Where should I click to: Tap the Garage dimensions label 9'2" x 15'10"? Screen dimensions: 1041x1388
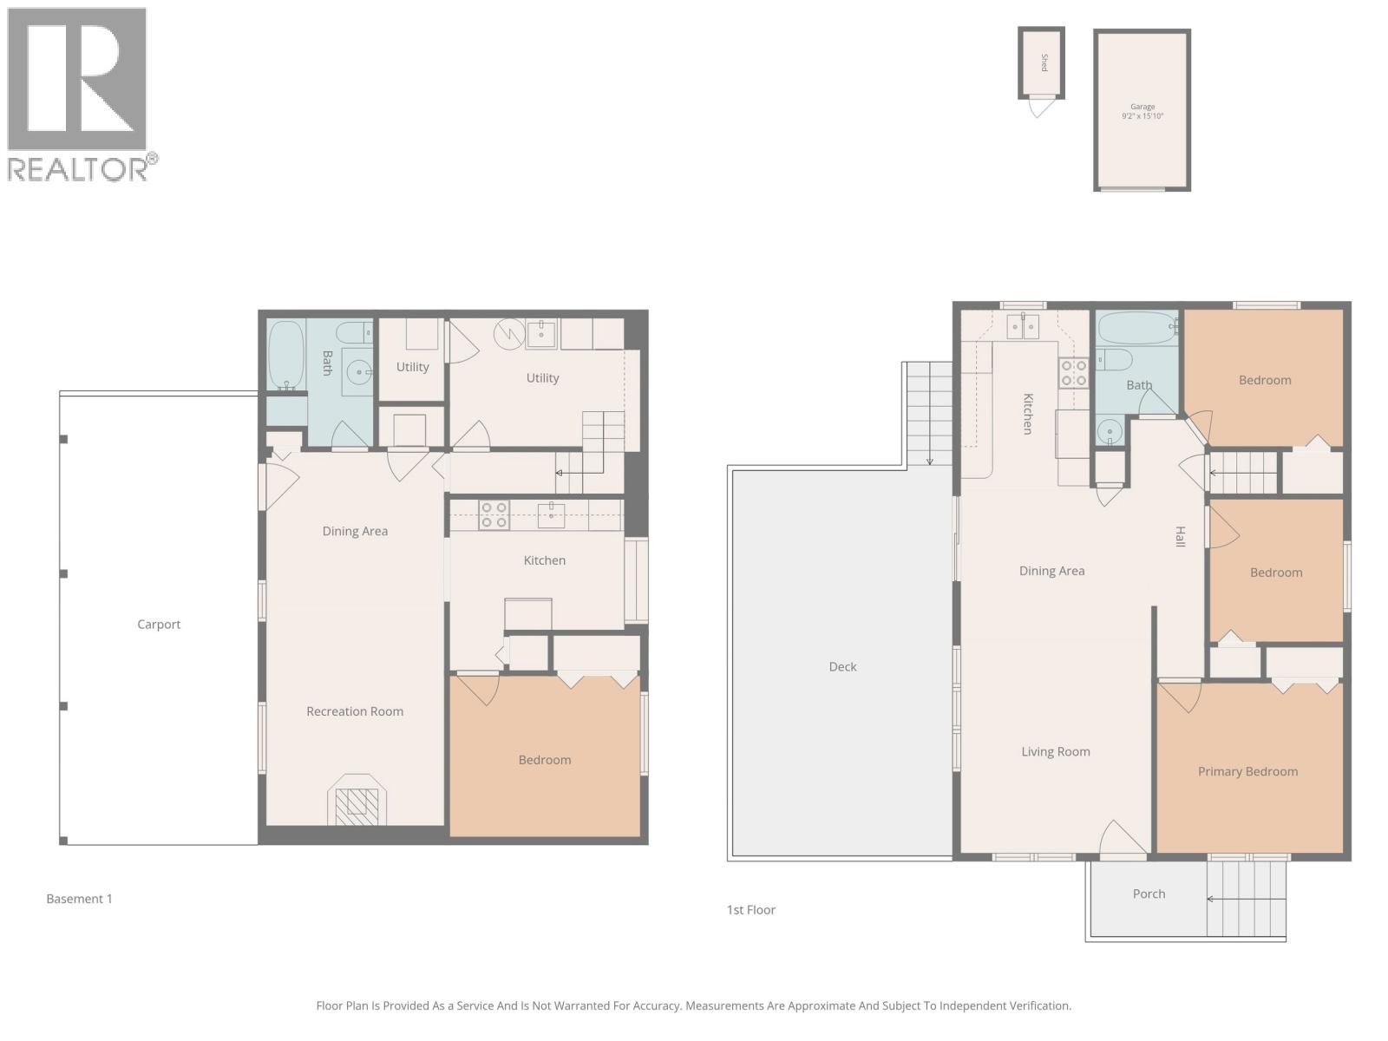tap(1142, 116)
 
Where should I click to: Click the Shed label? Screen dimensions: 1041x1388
tap(1044, 62)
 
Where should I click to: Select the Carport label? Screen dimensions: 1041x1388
tap(159, 625)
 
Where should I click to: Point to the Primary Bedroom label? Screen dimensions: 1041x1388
tap(1247, 772)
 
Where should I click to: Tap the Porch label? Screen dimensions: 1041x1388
tap(1149, 894)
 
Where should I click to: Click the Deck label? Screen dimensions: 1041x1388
tap(842, 667)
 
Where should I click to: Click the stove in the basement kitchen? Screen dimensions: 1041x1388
tap(494, 515)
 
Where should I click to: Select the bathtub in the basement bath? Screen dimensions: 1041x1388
tap(285, 356)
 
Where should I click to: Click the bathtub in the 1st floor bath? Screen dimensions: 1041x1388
tap(1137, 329)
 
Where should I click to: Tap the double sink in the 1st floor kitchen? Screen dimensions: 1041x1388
tap(1023, 327)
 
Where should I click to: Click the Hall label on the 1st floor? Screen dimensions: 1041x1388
tap(1180, 537)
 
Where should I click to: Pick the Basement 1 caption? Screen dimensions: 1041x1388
tap(79, 900)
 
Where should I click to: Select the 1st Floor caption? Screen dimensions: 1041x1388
tap(751, 910)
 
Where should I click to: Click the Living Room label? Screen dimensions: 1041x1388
tap(1055, 752)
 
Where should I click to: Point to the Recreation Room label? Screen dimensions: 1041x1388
tap(355, 711)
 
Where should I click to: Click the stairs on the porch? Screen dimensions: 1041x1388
tap(1246, 900)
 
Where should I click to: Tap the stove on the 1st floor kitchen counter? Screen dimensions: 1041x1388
tap(1073, 373)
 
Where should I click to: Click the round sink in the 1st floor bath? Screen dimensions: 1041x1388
tap(1109, 431)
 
